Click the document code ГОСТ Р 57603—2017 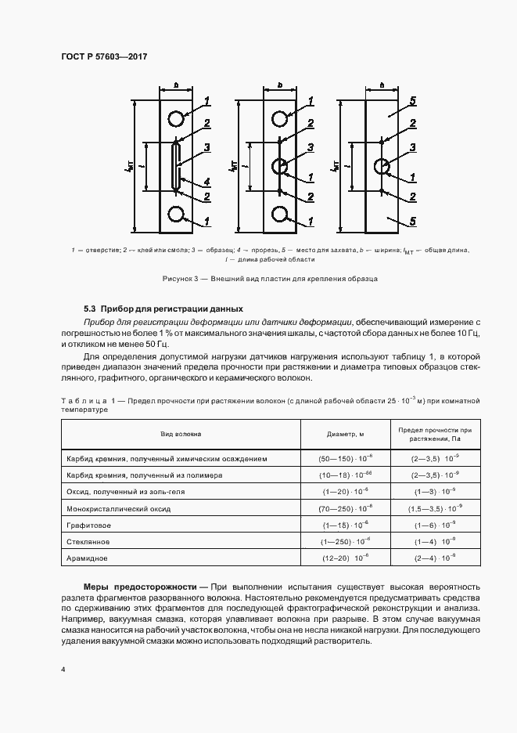[104, 57]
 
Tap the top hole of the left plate [176, 118]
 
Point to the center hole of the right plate [382, 167]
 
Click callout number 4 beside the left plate [207, 182]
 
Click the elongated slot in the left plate [176, 166]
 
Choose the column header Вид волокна [181, 433]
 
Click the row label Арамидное [87, 558]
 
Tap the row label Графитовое [89, 525]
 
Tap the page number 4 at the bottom [63, 670]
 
